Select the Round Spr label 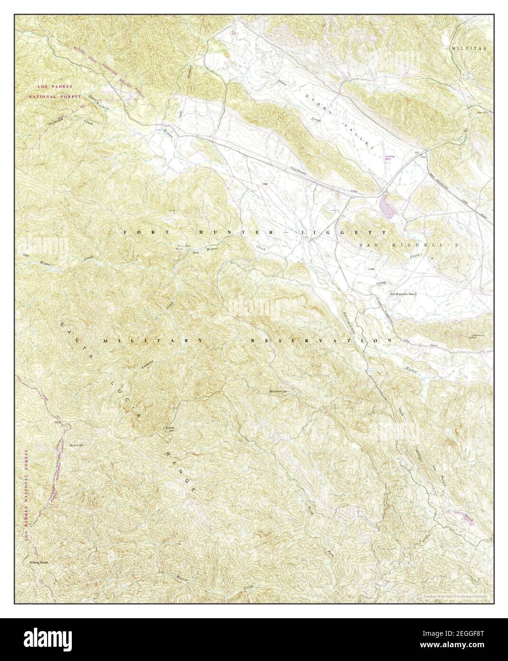tap(168, 428)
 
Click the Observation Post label tap(478, 337)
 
